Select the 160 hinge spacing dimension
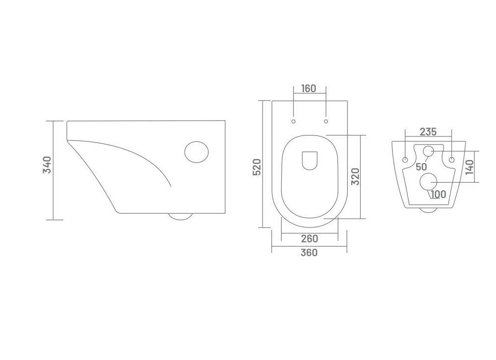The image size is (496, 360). pyautogui.click(x=308, y=89)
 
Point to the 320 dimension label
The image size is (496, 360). pyautogui.click(x=356, y=176)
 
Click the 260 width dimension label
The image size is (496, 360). pyautogui.click(x=309, y=239)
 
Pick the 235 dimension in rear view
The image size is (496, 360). pyautogui.click(x=428, y=132)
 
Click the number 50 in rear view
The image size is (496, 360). pyautogui.click(x=421, y=166)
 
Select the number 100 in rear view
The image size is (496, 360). pyautogui.click(x=438, y=194)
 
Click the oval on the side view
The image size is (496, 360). pyautogui.click(x=196, y=151)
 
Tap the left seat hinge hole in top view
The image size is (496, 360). pyautogui.click(x=294, y=121)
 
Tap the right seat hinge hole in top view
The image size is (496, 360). pyautogui.click(x=326, y=121)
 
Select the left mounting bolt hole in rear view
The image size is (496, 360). pyautogui.click(x=405, y=160)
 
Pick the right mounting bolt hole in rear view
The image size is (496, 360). pyautogui.click(x=451, y=160)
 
